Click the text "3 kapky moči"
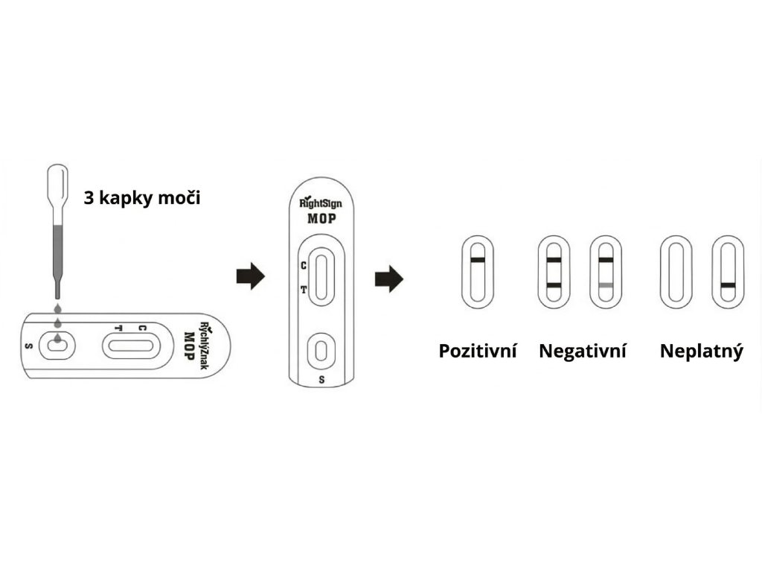[141, 199]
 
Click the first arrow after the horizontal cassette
[250, 276]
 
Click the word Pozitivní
[477, 351]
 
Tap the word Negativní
[583, 351]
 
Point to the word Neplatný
[701, 351]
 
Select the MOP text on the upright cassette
[321, 219]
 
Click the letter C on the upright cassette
[303, 264]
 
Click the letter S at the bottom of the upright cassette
[321, 379]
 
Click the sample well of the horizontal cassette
[56, 344]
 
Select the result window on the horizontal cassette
[129, 346]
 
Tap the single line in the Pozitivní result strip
[478, 260]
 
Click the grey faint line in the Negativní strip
[605, 285]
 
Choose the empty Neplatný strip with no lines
[676, 272]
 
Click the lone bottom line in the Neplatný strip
[729, 285]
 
